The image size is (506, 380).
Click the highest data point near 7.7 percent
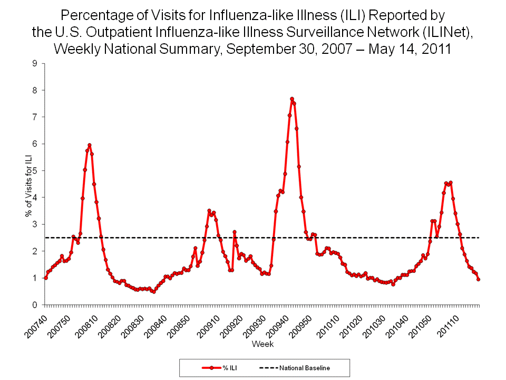click(x=291, y=99)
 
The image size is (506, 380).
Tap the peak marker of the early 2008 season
click(x=90, y=145)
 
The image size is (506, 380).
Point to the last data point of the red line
click(x=478, y=279)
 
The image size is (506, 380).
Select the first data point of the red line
click(x=46, y=278)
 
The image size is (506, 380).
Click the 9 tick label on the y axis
click(x=34, y=63)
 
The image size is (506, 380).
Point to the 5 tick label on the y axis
click(x=34, y=170)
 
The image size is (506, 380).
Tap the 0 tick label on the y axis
click(x=34, y=305)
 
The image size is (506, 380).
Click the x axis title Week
click(x=262, y=344)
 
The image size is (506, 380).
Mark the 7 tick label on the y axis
click(x=34, y=117)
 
